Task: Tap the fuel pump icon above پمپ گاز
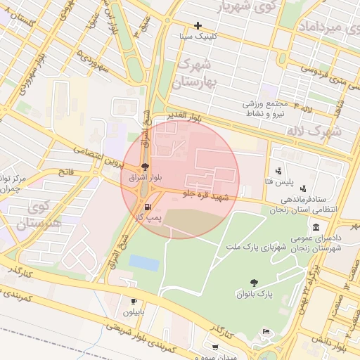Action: (x=148, y=207)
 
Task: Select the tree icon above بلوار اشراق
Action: (x=145, y=167)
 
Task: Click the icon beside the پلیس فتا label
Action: (x=278, y=170)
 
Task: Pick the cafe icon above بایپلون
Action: (x=134, y=301)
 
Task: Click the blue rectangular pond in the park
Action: (x=143, y=262)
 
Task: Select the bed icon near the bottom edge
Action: (x=265, y=332)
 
